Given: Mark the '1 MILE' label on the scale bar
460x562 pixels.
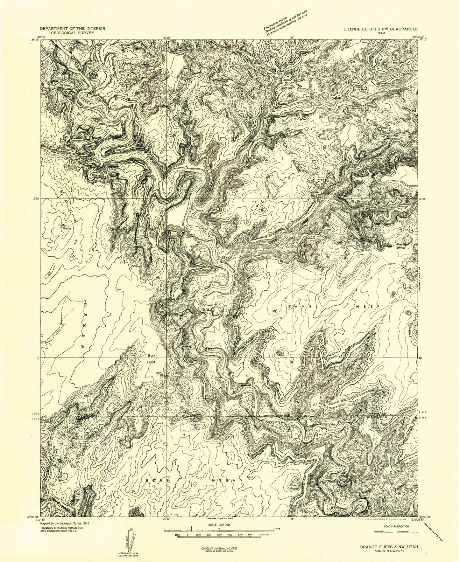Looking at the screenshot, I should (272, 528).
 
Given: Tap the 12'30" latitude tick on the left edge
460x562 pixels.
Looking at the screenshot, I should (36, 198).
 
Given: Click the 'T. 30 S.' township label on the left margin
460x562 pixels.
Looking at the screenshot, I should (36, 414).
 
